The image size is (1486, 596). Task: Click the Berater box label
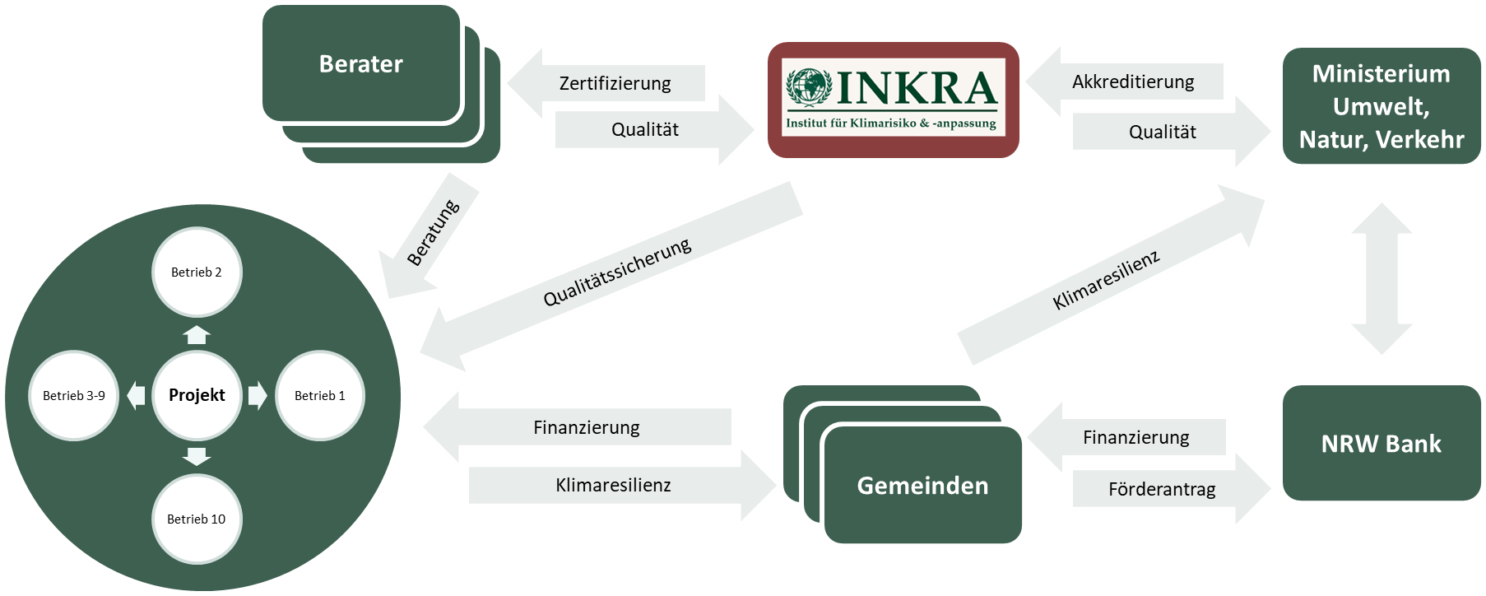tap(360, 64)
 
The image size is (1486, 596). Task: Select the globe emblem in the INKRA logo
tap(808, 87)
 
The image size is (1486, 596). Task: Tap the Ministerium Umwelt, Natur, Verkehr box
tap(1381, 107)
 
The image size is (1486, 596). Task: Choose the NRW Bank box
tap(1381, 444)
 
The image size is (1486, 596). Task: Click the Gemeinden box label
tap(922, 486)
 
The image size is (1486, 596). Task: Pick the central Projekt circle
tap(197, 395)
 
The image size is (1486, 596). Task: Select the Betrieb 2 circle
tap(197, 272)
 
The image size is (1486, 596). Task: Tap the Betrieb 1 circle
tap(320, 395)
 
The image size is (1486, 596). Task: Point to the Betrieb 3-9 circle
tap(74, 395)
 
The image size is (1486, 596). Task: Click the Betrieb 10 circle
tap(197, 519)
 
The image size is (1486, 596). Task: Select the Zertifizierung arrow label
tap(615, 83)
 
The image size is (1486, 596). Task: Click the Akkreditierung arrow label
tap(1133, 81)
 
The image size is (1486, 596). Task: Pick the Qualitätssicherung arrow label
tap(617, 272)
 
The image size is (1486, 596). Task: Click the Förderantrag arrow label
tap(1162, 490)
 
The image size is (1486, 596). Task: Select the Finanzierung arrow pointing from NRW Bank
tap(1135, 437)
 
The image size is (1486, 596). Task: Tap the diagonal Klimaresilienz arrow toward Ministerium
tap(1107, 280)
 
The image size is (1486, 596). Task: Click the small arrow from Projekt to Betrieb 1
tap(258, 395)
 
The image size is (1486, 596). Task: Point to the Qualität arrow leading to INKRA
tap(645, 129)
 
